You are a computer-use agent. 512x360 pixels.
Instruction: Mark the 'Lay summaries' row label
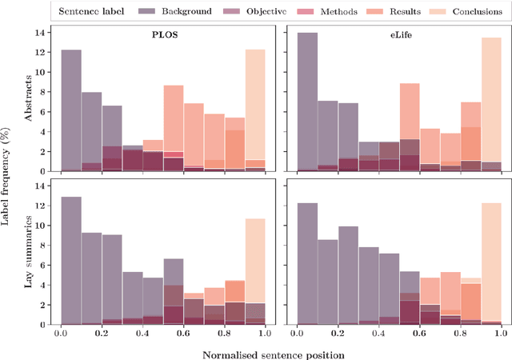[x=28, y=252]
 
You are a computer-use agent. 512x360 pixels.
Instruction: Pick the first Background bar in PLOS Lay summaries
[x=71, y=260]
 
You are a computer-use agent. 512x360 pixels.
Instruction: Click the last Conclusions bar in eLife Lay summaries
[x=490, y=263]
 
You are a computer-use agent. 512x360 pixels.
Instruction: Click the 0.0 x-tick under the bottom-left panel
[x=61, y=334]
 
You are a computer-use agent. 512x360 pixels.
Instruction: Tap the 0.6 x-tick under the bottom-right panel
[x=420, y=334]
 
